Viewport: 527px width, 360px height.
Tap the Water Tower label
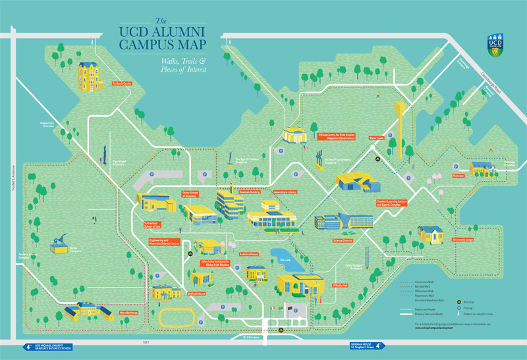[376, 138]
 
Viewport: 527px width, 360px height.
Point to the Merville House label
[129, 313]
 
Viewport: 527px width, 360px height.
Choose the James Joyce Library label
[285, 192]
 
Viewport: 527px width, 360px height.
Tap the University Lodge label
[463, 241]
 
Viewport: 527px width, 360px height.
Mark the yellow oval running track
[179, 317]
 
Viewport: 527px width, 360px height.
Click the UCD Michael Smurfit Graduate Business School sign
[47, 346]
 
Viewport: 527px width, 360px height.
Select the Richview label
[458, 176]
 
